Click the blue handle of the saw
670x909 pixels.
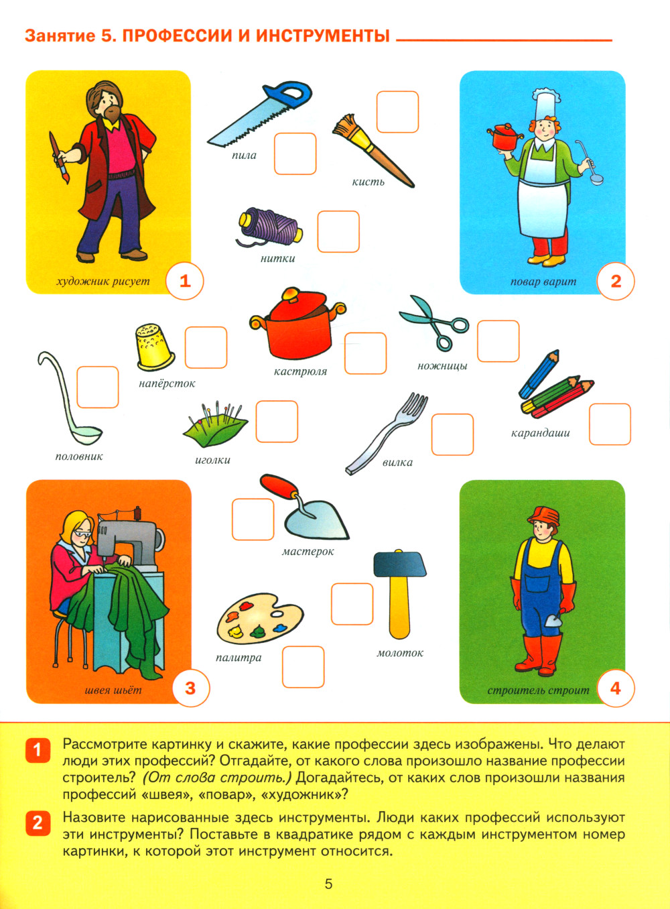[x=288, y=95]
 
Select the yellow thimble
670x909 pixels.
[x=155, y=347]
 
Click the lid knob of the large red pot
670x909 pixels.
[x=291, y=293]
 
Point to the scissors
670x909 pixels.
[x=434, y=322]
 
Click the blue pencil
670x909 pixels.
[x=539, y=374]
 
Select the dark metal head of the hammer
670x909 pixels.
[x=399, y=563]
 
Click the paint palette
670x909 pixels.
[x=260, y=619]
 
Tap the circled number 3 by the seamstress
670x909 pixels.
[x=190, y=688]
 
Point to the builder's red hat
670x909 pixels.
[x=543, y=516]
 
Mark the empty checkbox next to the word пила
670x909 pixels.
[x=295, y=154]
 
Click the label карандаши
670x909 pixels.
[x=540, y=434]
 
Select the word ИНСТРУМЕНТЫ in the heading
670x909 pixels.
[x=322, y=36]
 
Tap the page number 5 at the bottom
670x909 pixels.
[x=328, y=884]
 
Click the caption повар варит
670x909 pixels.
[x=543, y=282]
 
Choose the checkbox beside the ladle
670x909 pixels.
[x=98, y=387]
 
